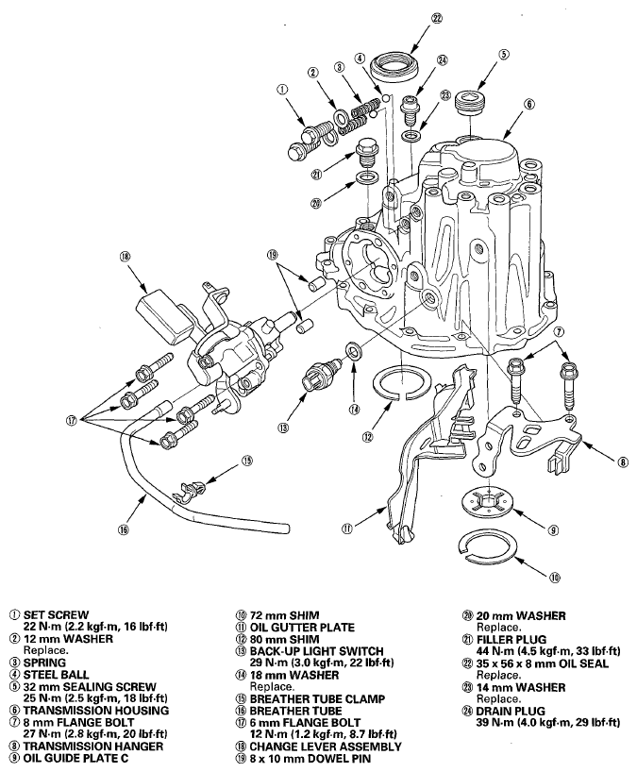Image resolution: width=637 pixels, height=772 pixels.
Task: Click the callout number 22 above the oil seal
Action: [x=437, y=19]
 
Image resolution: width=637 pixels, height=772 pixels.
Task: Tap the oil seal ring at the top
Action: [x=395, y=64]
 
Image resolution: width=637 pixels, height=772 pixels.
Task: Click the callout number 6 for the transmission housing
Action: [x=528, y=104]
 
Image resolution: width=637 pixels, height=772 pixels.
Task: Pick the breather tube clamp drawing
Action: [x=189, y=491]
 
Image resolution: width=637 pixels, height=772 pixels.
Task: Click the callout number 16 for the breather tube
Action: [x=123, y=529]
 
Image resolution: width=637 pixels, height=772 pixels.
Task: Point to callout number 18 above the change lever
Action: [x=124, y=256]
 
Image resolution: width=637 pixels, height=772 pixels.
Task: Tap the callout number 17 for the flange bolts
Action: [x=72, y=422]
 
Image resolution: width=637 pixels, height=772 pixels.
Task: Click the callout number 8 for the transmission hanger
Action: [x=623, y=462]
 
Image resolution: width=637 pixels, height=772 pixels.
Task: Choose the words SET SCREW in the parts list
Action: [x=56, y=615]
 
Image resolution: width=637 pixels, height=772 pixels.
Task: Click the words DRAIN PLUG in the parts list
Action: [x=511, y=711]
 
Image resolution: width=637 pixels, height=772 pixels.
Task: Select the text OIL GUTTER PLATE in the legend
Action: [x=302, y=628]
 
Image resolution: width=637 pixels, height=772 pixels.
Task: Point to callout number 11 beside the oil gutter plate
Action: [x=347, y=529]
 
